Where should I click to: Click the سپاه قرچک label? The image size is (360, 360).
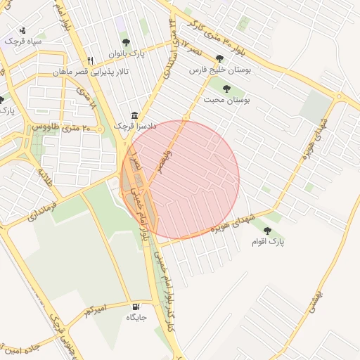[x=23, y=41]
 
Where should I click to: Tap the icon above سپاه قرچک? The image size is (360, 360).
[x=23, y=30]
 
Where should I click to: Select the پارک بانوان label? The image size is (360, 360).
[x=125, y=53]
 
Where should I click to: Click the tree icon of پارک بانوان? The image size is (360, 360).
[x=126, y=43]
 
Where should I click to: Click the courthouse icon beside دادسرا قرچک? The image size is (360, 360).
[x=134, y=115]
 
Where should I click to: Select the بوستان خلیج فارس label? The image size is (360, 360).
[x=220, y=70]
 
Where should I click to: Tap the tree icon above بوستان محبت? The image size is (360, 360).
[x=226, y=89]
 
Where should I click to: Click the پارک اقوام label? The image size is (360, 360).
[x=269, y=241]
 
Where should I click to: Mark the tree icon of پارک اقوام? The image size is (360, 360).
[x=267, y=230]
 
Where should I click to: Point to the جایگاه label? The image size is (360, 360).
[x=136, y=317]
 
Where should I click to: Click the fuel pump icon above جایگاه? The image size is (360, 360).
[x=136, y=307]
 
